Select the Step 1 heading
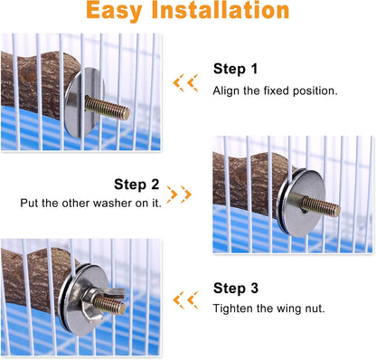pos(235,69)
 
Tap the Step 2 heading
pos(136,184)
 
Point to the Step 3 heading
pos(235,289)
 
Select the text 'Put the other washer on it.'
pos(90,204)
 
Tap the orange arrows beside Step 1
pos(186,82)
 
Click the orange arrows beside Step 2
pos(179,194)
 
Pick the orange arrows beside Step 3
pos(186,299)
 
